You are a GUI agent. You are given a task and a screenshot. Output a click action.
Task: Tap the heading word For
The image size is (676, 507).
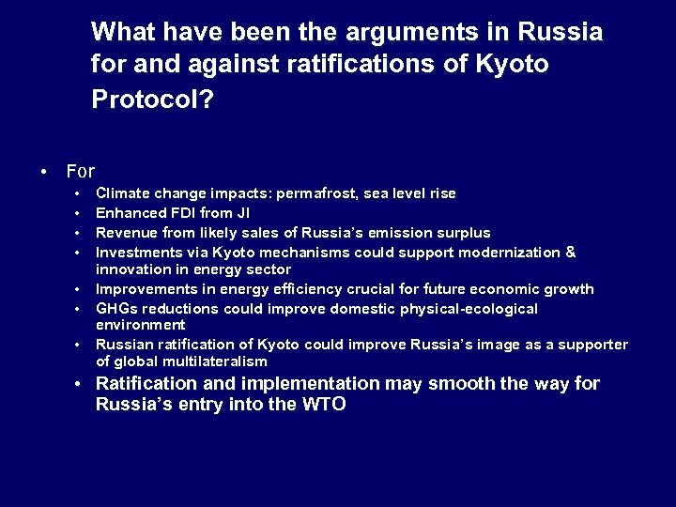81,171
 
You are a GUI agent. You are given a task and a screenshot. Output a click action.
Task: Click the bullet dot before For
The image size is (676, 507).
44,172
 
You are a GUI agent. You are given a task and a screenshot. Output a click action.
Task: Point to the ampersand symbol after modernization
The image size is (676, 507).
571,252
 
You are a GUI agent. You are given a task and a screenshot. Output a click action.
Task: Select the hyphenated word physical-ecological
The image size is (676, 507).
469,309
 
